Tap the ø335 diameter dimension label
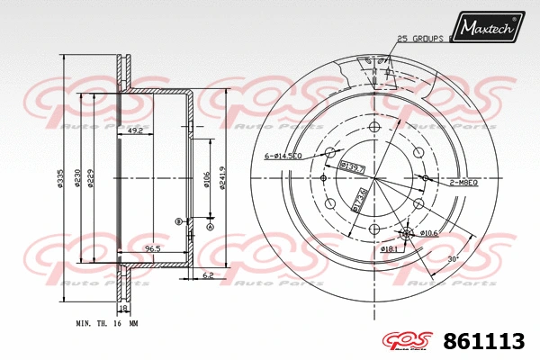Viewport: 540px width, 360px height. (x=60, y=181)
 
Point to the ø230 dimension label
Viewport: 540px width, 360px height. (x=78, y=181)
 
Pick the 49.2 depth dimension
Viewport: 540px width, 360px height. (x=136, y=131)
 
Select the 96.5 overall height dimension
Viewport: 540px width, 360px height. (x=152, y=248)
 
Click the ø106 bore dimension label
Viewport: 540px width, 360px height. (x=206, y=181)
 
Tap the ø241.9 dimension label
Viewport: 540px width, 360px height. (x=222, y=181)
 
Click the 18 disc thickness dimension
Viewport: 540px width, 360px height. (x=124, y=307)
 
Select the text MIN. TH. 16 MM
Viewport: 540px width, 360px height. (x=107, y=322)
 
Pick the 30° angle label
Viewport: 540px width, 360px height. (x=453, y=258)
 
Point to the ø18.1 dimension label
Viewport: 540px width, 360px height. (x=388, y=248)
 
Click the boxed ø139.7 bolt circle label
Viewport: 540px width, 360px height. (x=352, y=166)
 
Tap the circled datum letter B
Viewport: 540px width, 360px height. (x=179, y=220)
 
